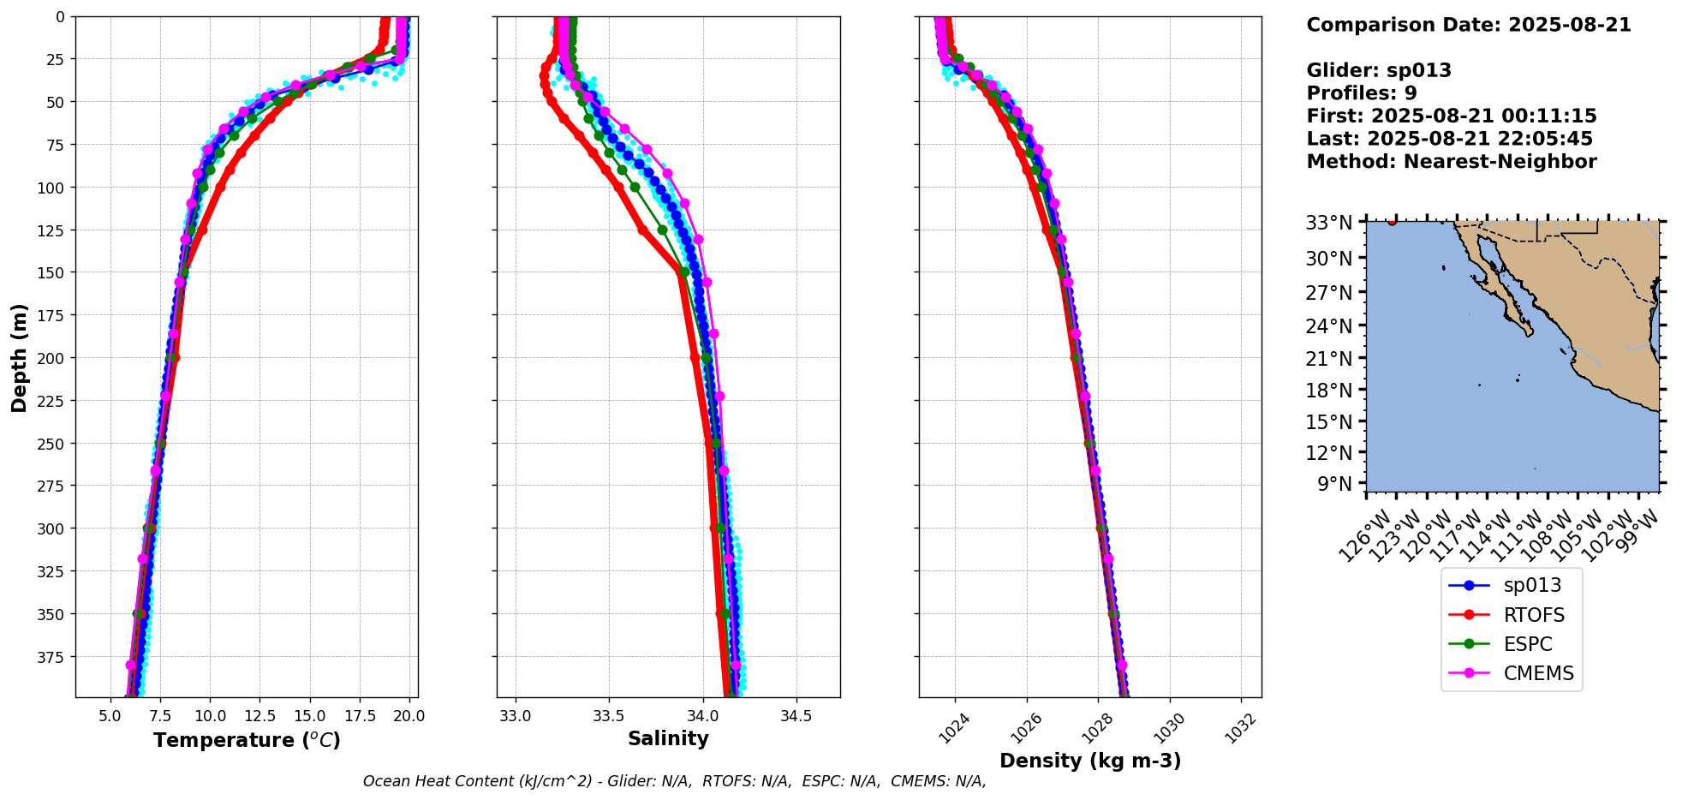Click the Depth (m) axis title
[x=19, y=357]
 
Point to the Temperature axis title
[x=247, y=740]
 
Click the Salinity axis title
[x=668, y=738]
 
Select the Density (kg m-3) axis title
[x=1089, y=761]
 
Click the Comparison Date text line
[x=1468, y=25]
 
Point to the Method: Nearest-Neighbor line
[x=1451, y=162]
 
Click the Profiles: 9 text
[x=1361, y=93]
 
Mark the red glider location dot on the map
[x=1392, y=222]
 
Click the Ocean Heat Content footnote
[x=674, y=781]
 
